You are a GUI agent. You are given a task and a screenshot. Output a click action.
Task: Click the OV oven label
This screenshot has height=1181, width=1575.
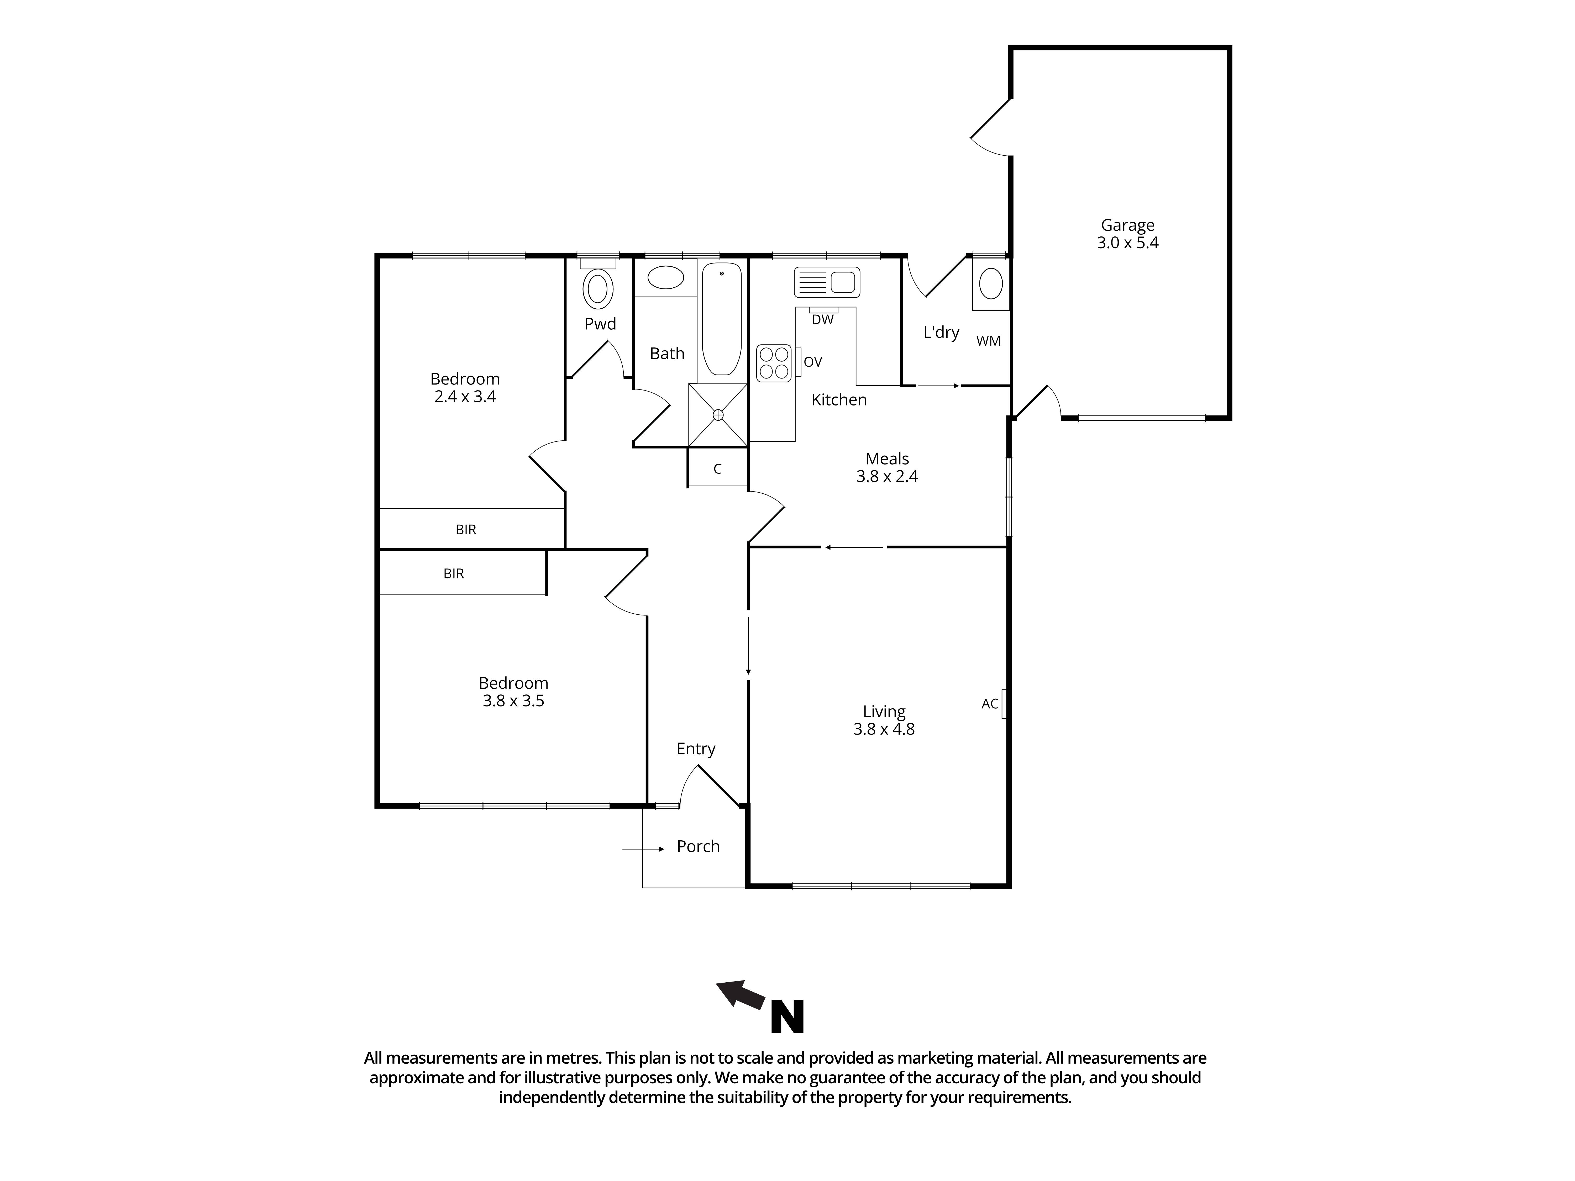tap(812, 362)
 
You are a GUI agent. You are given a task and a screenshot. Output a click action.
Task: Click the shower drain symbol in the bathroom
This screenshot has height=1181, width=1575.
tap(718, 414)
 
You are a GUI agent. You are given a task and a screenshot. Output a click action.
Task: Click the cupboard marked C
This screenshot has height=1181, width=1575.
tap(718, 468)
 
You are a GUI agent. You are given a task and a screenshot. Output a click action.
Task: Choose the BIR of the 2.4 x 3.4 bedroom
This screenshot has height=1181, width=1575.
tap(466, 530)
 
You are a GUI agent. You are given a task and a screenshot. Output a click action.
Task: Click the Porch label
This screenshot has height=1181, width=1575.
tap(698, 846)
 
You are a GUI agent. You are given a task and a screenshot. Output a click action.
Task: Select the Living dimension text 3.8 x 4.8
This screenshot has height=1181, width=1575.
tap(884, 729)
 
